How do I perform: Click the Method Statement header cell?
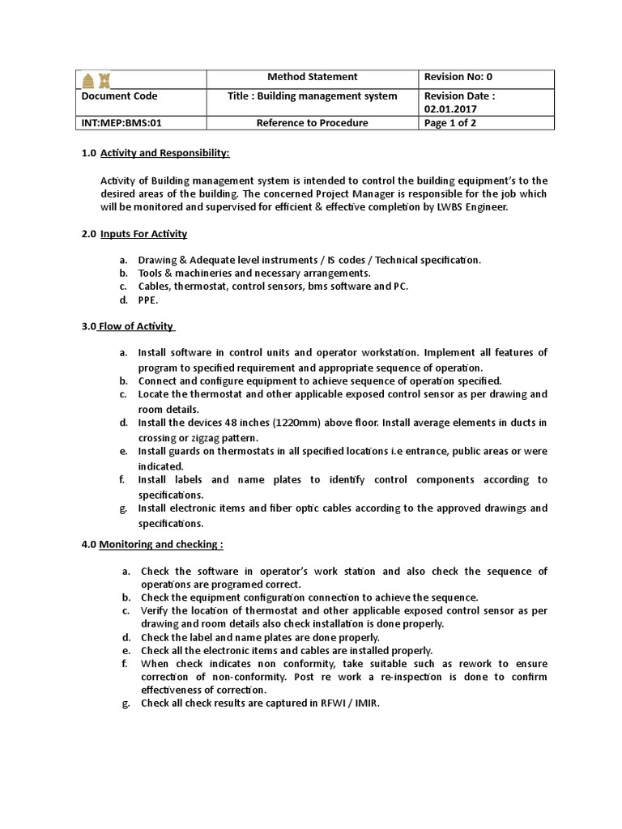(312, 77)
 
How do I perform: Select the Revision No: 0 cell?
(458, 77)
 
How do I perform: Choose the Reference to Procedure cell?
(312, 123)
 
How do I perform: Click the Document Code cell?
(120, 96)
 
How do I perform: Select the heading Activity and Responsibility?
(164, 153)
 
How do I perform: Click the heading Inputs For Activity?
(143, 234)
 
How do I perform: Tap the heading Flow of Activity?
(135, 326)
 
